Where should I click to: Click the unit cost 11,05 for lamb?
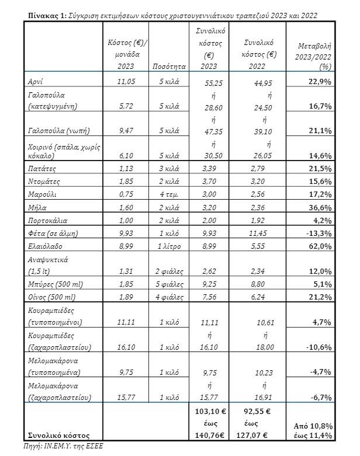126,82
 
